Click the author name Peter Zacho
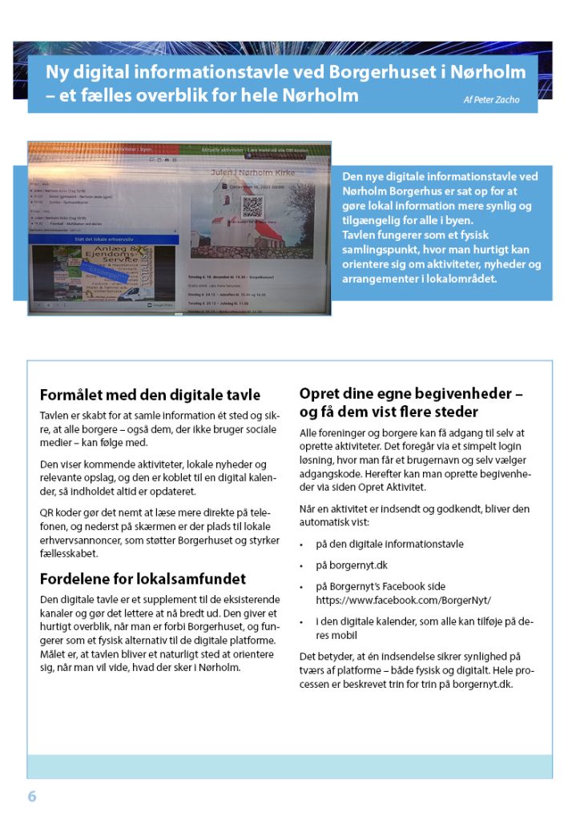491,100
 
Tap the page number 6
32,796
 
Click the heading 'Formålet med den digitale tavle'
150,395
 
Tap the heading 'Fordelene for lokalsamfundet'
143,578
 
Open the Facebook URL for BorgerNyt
404,599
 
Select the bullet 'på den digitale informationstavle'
389,544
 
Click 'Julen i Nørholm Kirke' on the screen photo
252,172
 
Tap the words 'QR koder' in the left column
62,513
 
